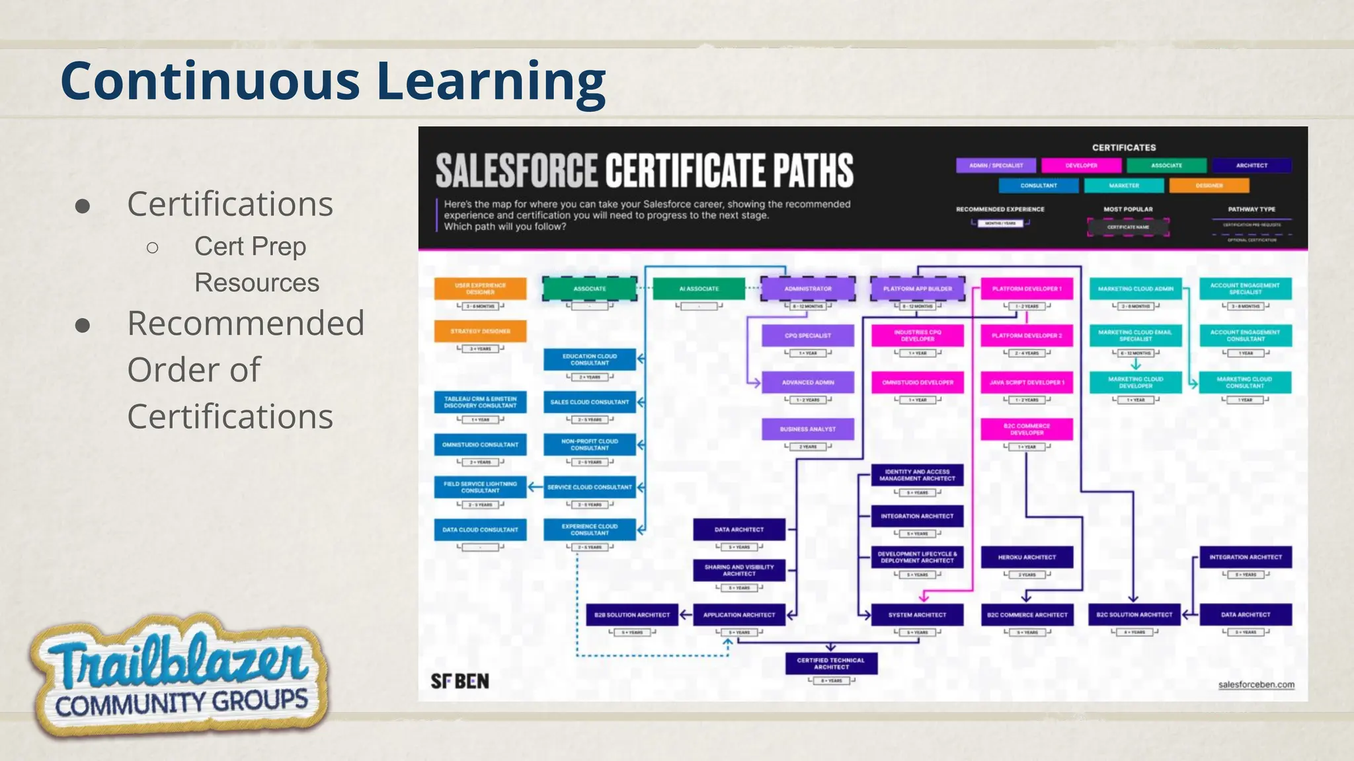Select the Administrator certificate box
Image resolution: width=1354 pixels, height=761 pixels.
[807, 289]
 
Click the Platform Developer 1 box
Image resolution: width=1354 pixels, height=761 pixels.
[1026, 289]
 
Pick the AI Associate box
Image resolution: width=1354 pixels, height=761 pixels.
[699, 289]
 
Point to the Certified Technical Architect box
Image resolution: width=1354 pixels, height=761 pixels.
[831, 663]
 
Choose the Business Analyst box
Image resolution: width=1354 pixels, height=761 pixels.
[807, 429]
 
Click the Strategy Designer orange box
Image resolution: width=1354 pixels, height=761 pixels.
[480, 332]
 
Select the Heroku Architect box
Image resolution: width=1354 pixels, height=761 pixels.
[1026, 558]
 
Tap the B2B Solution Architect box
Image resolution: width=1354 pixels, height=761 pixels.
[632, 615]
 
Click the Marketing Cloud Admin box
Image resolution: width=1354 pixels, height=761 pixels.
[1135, 289]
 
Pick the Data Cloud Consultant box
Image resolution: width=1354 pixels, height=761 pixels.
[480, 530]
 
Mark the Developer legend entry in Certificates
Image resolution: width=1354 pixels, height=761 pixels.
[1081, 166]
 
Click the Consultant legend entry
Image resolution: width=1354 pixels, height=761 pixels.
[1039, 186]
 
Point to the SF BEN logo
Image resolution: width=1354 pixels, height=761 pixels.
[460, 681]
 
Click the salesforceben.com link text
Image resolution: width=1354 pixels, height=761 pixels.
[1256, 684]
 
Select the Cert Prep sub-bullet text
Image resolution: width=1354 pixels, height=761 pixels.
[250, 246]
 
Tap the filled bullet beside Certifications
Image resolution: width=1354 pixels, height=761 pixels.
[83, 205]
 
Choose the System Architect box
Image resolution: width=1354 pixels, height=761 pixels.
[917, 615]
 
